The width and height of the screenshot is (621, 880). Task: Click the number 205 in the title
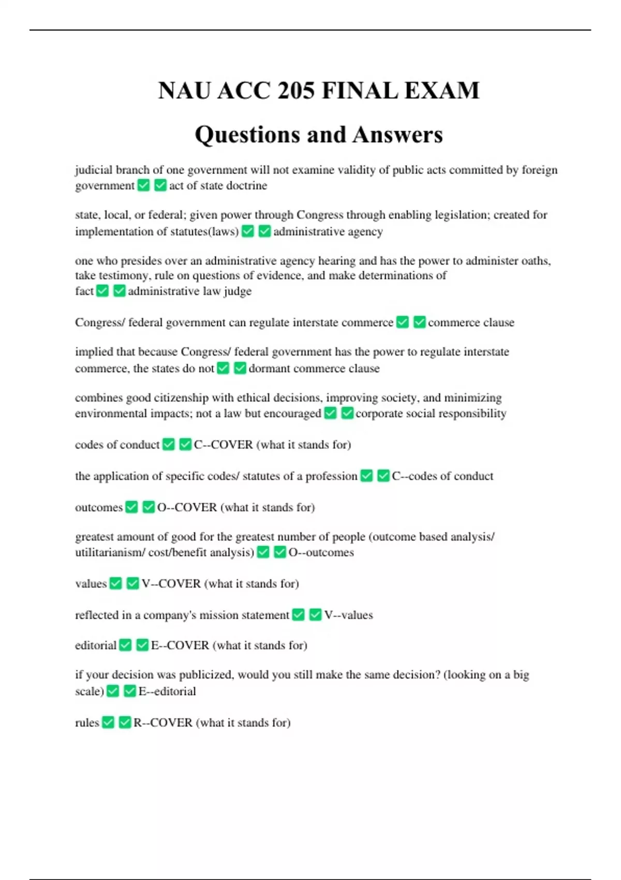click(295, 91)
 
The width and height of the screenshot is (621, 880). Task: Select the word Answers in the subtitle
click(398, 135)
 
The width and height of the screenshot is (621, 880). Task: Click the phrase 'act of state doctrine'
click(218, 185)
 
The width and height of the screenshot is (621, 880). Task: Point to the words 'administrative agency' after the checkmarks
click(328, 231)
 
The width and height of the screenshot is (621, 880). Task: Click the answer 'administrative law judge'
click(189, 291)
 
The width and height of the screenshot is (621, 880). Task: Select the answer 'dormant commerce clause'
click(314, 368)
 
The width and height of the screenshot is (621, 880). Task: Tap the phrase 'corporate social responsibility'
click(431, 413)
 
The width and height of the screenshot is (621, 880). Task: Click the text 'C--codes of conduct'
click(442, 476)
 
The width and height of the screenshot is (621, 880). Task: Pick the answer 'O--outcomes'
click(321, 552)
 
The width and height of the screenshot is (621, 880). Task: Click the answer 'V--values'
click(348, 615)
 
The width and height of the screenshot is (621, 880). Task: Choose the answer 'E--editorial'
click(167, 691)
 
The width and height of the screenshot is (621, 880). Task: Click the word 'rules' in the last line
click(87, 723)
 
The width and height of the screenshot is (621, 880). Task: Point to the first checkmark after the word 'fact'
click(102, 291)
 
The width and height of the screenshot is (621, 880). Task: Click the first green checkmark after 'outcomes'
click(132, 507)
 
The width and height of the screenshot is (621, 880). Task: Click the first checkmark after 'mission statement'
click(299, 615)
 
